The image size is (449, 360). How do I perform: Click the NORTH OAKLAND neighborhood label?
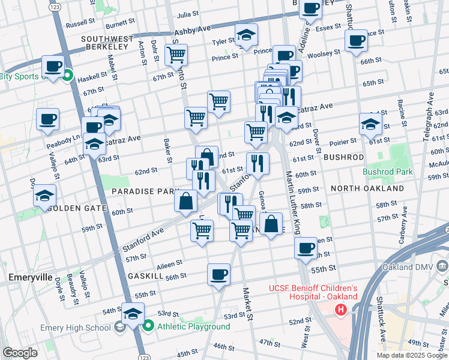point(367,188)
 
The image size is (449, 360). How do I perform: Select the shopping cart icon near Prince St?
point(176,55)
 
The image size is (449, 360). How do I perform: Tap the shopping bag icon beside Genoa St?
point(271,224)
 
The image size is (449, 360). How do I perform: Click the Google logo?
point(20,353)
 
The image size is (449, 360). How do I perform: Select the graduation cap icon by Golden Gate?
point(44,196)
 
